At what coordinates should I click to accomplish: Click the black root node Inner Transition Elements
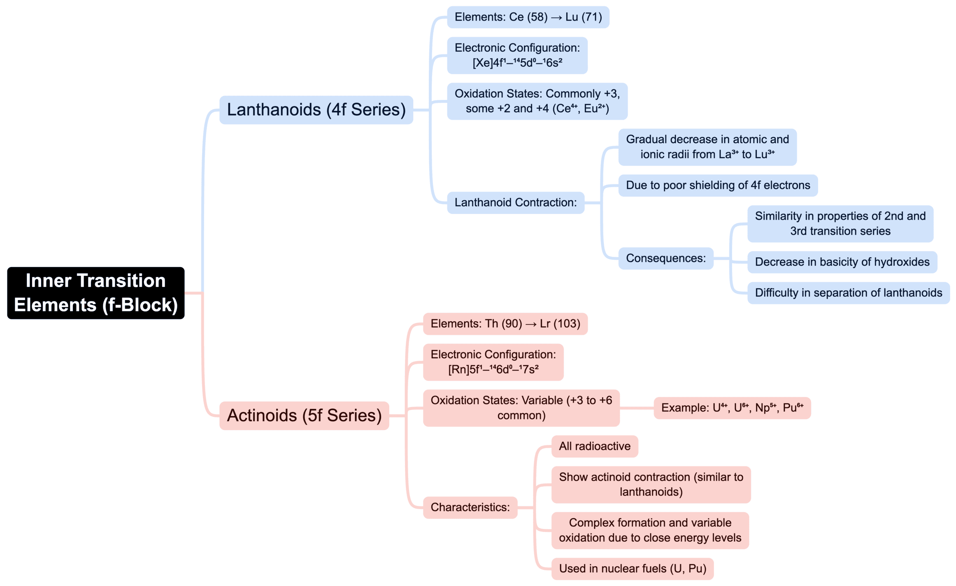(x=95, y=293)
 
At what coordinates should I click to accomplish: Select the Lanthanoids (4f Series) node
(x=316, y=110)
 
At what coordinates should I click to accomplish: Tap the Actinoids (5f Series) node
(x=304, y=415)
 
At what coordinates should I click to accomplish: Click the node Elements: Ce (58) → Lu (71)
(x=528, y=17)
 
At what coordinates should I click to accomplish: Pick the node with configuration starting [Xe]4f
(x=517, y=56)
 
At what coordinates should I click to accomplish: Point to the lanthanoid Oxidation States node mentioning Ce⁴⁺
(x=537, y=101)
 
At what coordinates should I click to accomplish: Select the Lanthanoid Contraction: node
(x=515, y=202)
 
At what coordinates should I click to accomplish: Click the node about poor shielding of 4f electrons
(x=717, y=185)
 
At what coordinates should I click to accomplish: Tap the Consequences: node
(x=665, y=258)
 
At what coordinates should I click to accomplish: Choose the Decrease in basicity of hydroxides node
(x=842, y=262)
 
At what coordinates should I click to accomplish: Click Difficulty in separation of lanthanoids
(x=848, y=293)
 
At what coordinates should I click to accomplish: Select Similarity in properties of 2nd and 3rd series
(x=840, y=224)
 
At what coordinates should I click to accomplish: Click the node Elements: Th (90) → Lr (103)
(x=505, y=324)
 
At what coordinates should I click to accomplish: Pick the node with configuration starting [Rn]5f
(x=493, y=362)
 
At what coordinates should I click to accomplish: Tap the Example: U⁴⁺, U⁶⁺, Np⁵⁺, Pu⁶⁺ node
(x=732, y=408)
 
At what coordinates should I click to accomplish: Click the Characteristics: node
(x=470, y=507)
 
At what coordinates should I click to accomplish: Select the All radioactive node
(x=594, y=446)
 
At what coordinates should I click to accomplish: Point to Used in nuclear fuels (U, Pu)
(x=632, y=569)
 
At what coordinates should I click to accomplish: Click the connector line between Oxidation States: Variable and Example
(x=636, y=408)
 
